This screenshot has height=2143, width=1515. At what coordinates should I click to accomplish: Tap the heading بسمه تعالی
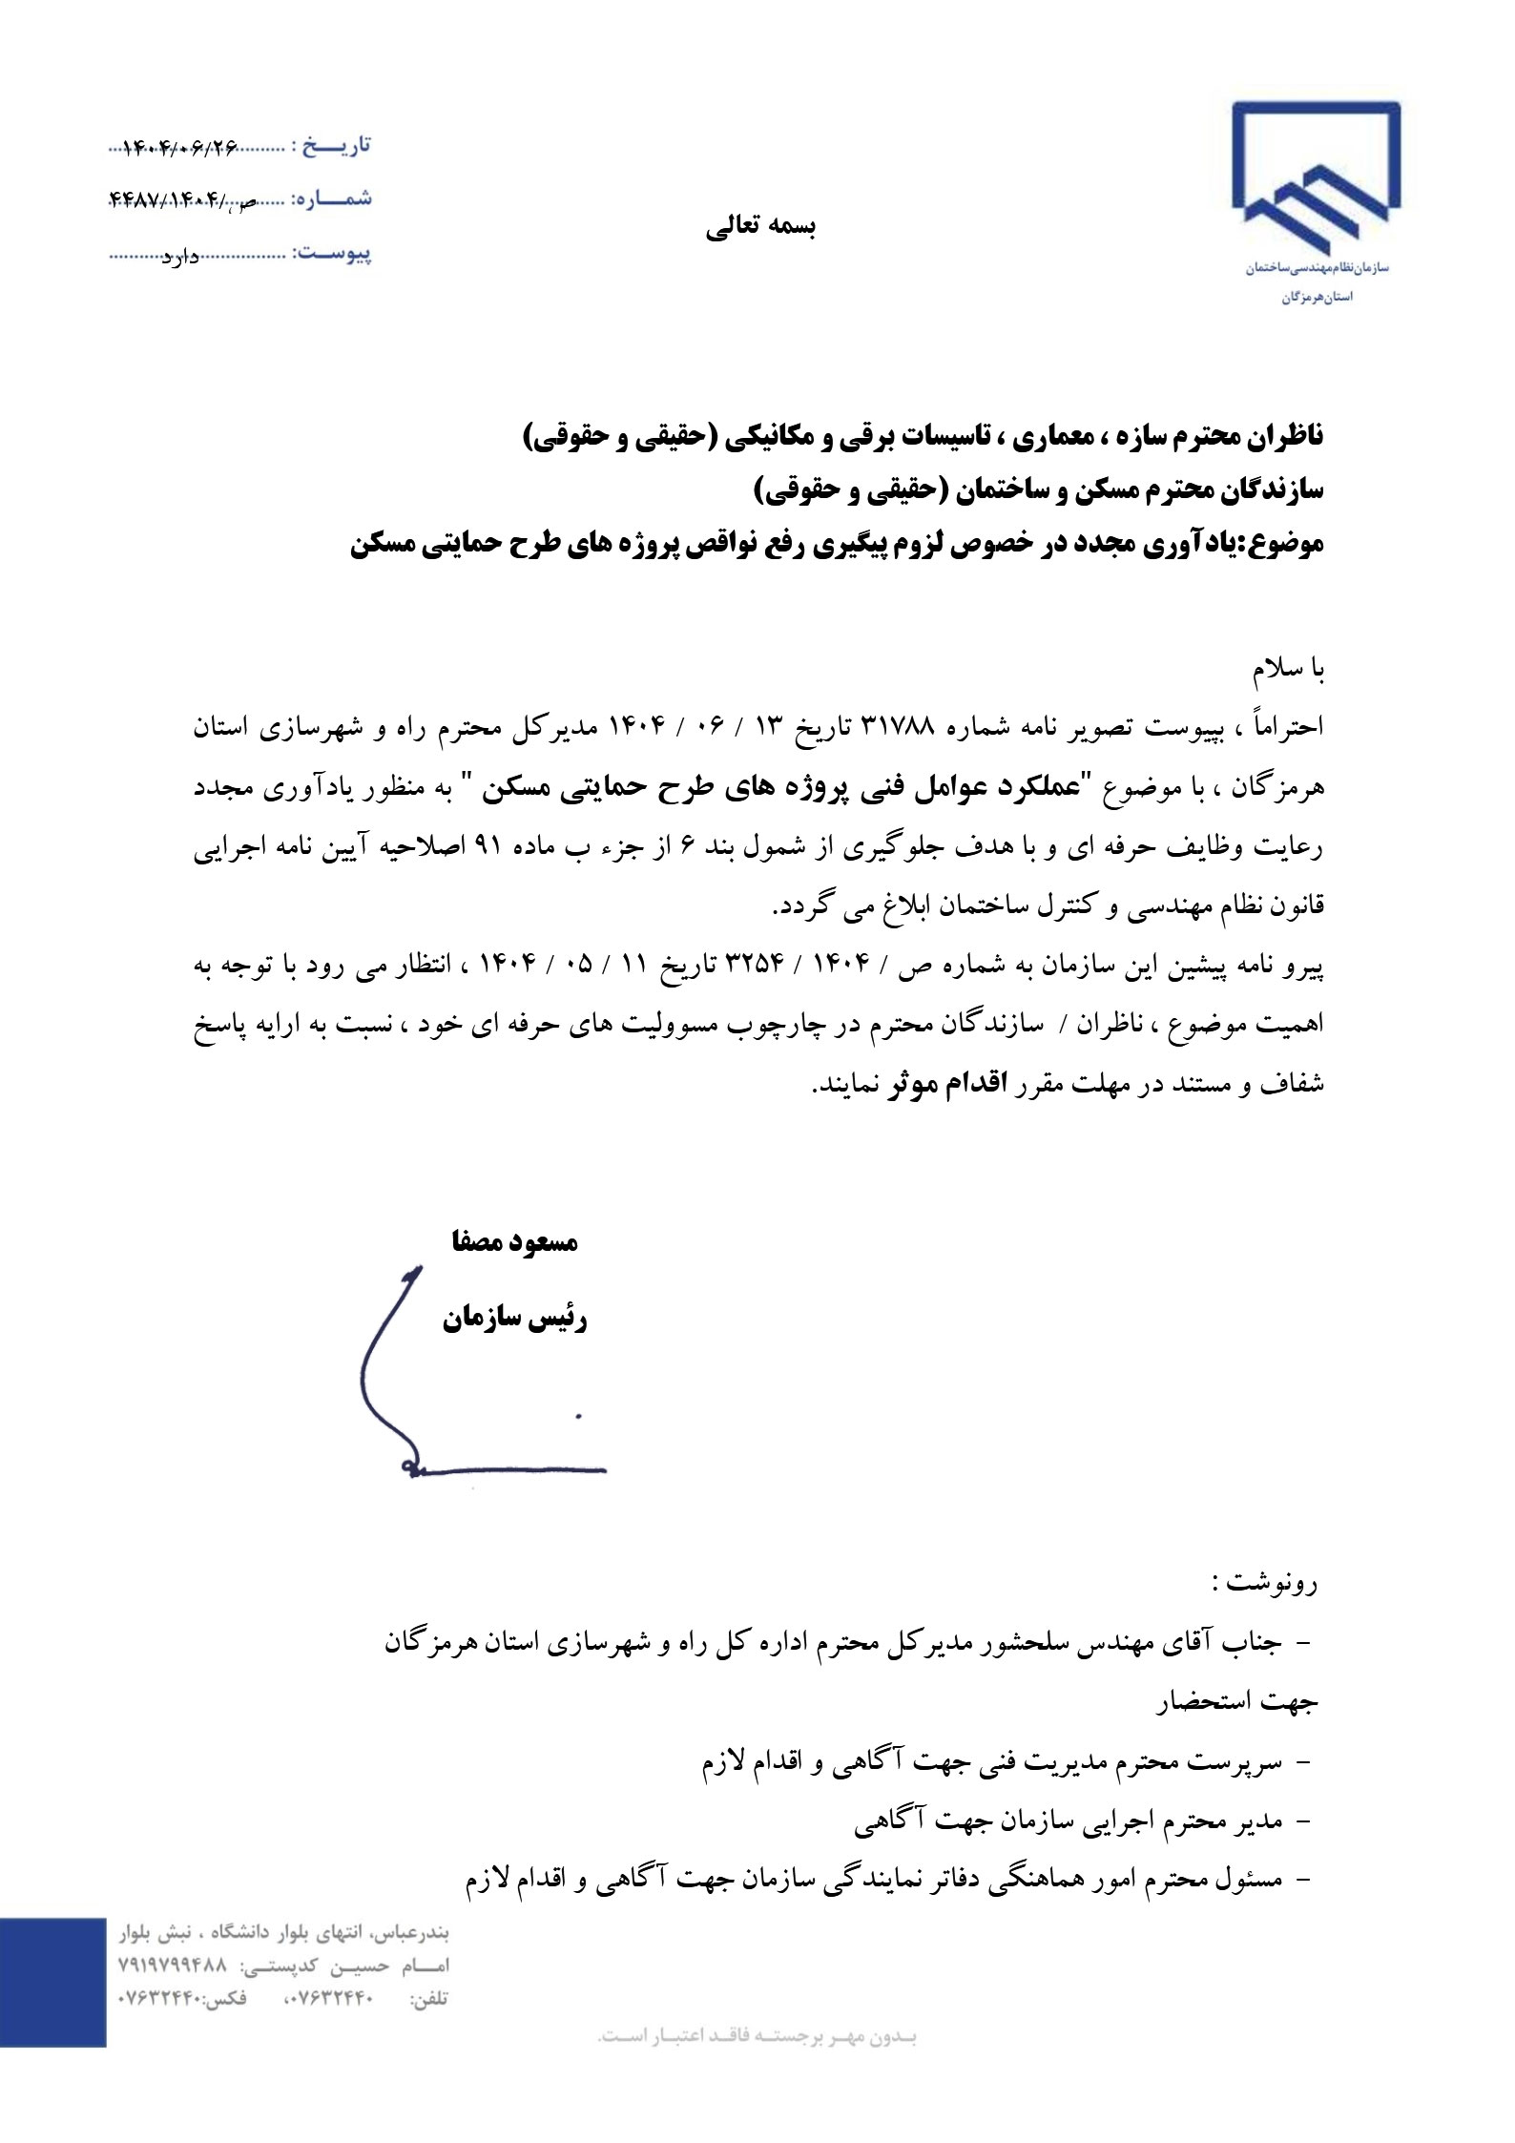coord(761,227)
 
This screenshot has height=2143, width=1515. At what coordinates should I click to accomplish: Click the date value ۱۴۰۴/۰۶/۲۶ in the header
coord(180,148)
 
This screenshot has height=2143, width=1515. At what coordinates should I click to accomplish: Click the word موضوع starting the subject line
coord(1277,545)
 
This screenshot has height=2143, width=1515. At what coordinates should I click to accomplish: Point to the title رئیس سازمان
coord(514,1321)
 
